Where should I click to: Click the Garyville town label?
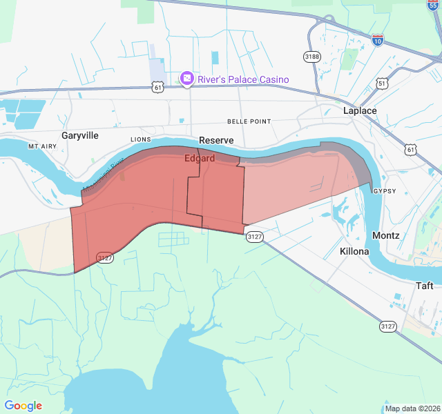[80, 135]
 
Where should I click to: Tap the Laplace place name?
[360, 110]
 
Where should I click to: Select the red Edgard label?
[200, 158]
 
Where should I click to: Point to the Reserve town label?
[216, 140]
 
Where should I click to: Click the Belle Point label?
[249, 121]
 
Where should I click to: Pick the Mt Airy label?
[41, 147]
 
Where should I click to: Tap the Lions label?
[140, 139]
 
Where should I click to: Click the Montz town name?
[385, 235]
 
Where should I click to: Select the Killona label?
[354, 251]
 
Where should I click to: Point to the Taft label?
[424, 286]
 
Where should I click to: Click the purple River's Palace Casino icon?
[186, 79]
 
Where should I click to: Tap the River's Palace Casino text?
[243, 79]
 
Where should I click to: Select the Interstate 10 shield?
[377, 40]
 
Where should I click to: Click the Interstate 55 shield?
[433, 4]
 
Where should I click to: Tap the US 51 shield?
[382, 83]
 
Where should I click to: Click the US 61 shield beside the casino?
[159, 87]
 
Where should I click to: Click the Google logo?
[23, 406]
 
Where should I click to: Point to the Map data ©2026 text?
[412, 408]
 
